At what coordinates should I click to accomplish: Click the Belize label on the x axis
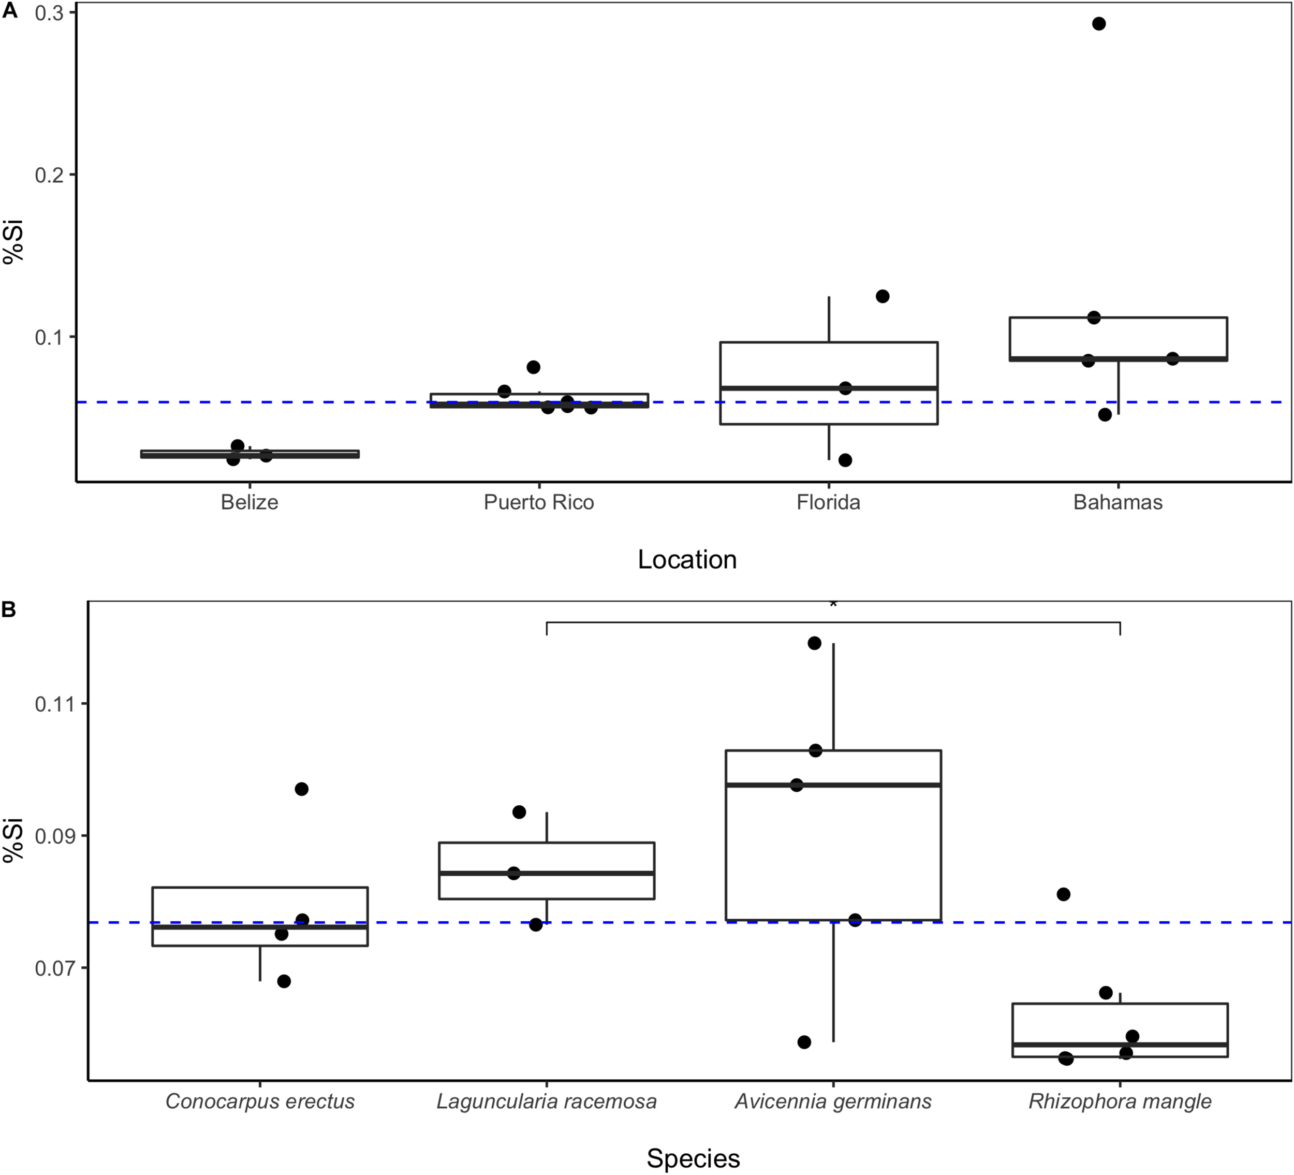pos(249,502)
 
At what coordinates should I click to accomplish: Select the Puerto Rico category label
pos(538,502)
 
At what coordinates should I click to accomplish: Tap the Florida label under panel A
pos(828,502)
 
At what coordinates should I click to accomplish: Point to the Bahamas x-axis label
pos(1117,502)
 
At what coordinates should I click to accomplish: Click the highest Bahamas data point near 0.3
pos(1099,24)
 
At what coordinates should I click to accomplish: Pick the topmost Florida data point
pos(883,296)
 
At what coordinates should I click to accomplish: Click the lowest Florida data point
pos(845,460)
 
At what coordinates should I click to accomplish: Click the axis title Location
pos(687,560)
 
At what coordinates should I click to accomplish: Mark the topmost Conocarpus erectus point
pos(301,789)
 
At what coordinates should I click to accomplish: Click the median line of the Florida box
pos(828,388)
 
